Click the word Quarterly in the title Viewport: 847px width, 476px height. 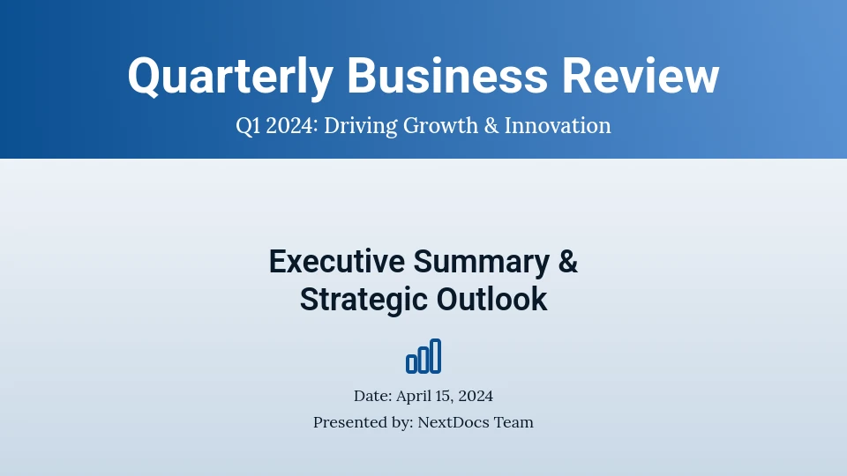[230, 76]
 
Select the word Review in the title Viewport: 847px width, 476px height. [641, 76]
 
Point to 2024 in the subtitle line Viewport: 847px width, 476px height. [291, 126]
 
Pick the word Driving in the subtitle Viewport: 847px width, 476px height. [360, 126]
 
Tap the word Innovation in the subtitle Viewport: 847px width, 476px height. [558, 126]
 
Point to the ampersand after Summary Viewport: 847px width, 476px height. [567, 262]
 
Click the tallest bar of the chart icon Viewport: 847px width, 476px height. [436, 356]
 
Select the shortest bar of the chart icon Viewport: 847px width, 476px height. [411, 363]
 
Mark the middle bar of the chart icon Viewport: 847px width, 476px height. [423, 360]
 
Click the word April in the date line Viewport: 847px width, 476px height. [411, 396]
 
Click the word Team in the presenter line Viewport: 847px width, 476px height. [514, 422]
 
